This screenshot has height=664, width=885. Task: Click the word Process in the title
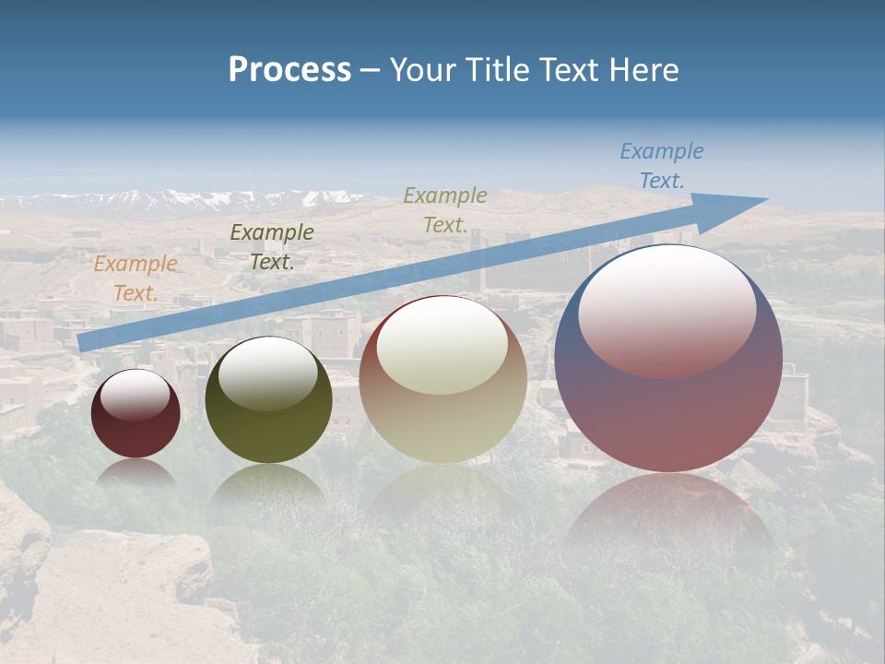click(289, 70)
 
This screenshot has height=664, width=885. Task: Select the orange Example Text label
click(135, 279)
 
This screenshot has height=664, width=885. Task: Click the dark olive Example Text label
click(271, 247)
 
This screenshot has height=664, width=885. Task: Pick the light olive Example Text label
click(445, 209)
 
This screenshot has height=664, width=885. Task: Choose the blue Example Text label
click(661, 166)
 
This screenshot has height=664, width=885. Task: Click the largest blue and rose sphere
click(668, 406)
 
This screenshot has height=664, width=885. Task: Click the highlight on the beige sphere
click(442, 347)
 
